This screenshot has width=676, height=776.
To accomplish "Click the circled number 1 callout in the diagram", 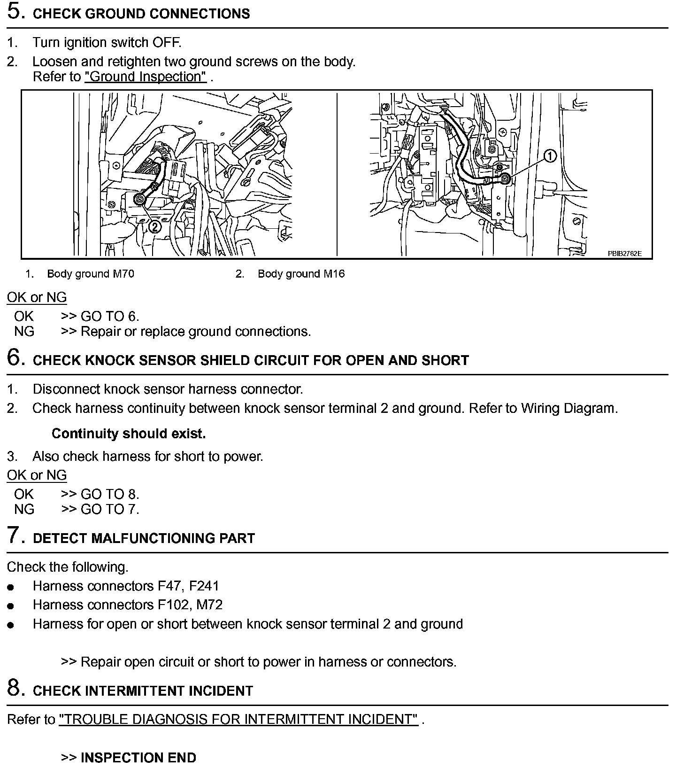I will click(550, 156).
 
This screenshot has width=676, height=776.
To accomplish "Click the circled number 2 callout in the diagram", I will click(154, 227).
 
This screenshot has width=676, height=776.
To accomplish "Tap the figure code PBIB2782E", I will click(624, 254).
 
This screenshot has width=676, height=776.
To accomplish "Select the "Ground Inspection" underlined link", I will click(146, 77).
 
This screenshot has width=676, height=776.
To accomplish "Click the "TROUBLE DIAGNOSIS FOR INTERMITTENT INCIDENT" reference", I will click(238, 719).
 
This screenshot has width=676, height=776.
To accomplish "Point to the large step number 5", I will click(15, 12).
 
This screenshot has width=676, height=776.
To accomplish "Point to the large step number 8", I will click(15, 689).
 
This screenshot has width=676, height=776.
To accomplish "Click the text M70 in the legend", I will click(123, 274).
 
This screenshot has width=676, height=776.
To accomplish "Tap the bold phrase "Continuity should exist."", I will click(129, 434).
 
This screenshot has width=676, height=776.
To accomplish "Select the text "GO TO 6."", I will click(110, 317).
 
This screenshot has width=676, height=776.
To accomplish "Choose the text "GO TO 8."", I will click(110, 494).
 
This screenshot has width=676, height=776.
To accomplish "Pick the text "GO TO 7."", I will click(110, 509).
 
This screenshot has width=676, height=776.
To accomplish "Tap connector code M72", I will click(209, 605).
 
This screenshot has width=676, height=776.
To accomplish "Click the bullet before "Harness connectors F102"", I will click(11, 606).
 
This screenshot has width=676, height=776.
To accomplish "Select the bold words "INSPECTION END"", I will click(138, 758).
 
